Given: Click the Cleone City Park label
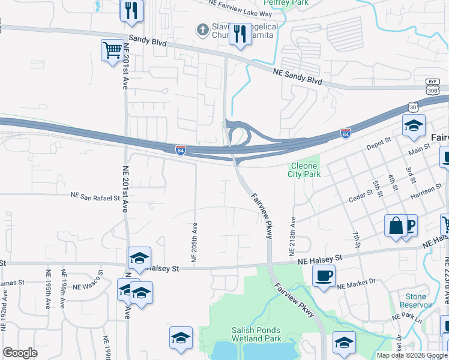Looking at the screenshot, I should click(306, 170).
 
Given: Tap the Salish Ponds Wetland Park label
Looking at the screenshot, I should click(256, 334).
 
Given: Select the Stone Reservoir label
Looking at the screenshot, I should click(415, 301).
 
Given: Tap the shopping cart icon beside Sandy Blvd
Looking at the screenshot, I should click(112, 50).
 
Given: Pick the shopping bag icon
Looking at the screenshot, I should click(396, 226).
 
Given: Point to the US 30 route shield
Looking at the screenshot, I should click(412, 107).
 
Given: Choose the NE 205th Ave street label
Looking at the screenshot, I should click(194, 243).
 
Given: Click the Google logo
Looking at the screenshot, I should click(20, 353).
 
